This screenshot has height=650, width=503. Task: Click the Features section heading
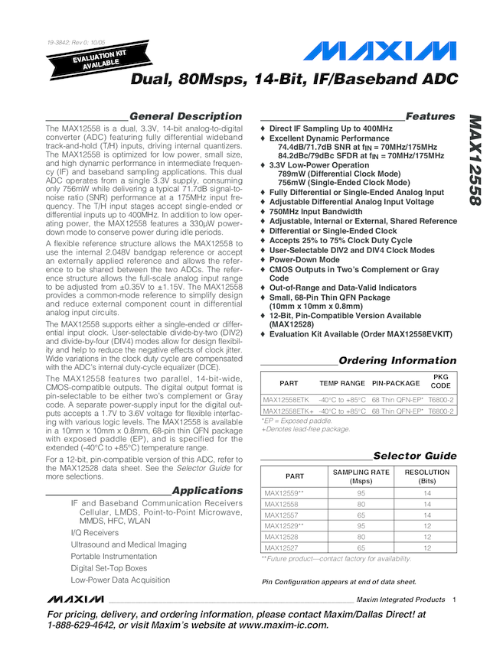click(430, 116)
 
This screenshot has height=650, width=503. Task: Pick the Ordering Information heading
click(397, 360)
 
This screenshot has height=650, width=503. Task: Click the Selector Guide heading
click(414, 456)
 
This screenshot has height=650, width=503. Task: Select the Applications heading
click(207, 490)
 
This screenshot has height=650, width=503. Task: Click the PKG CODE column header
click(442, 382)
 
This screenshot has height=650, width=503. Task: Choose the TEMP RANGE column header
click(342, 382)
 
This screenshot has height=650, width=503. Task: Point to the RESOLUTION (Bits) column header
click(427, 476)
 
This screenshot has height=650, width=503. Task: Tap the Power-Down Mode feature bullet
click(305, 259)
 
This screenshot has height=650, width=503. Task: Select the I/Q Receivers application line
click(95, 532)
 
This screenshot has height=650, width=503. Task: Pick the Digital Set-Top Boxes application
click(109, 568)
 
